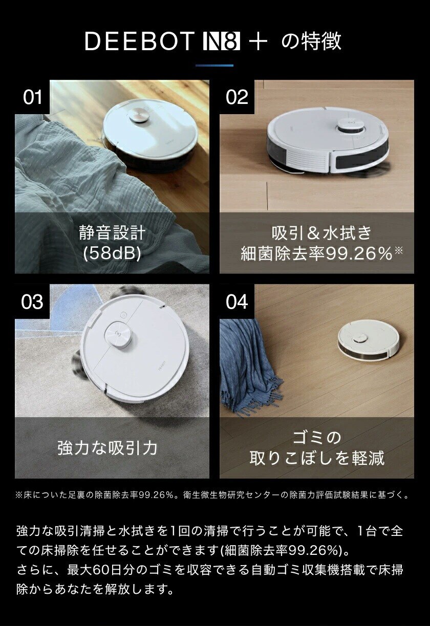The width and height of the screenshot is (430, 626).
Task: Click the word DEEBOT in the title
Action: (x=139, y=41)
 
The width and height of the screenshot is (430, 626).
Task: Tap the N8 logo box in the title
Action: (x=221, y=41)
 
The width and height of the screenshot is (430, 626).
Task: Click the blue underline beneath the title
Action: (x=214, y=66)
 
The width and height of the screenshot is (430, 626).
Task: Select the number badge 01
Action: (x=32, y=97)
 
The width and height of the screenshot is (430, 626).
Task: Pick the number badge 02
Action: (x=236, y=97)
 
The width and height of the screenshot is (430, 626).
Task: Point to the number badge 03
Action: (x=32, y=301)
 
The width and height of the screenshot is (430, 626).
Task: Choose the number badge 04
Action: (x=236, y=301)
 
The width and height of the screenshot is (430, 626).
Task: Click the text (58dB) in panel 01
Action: (x=112, y=253)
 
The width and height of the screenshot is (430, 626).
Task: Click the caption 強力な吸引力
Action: (x=107, y=448)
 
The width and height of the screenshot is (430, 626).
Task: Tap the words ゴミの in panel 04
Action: (x=316, y=438)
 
